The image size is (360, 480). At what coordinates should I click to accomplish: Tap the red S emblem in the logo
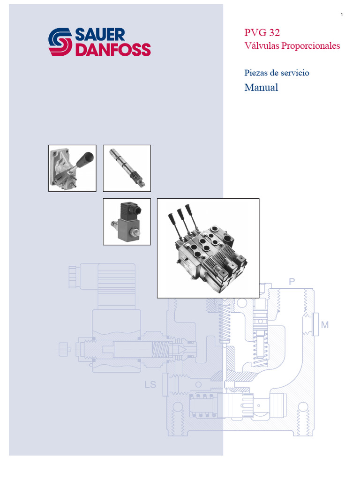[x=60, y=42]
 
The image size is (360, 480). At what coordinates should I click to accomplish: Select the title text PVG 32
[x=262, y=32]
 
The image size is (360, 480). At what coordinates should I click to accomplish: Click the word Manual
[x=261, y=87]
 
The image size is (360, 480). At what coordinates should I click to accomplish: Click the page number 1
[x=342, y=15]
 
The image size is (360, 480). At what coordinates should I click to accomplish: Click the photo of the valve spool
[x=127, y=168]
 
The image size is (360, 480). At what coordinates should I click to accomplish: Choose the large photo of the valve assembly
[x=208, y=248]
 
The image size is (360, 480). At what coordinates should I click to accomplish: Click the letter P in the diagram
[x=292, y=282]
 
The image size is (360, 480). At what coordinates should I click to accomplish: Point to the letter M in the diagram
[x=325, y=324]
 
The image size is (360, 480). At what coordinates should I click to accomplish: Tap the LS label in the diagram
[x=150, y=385]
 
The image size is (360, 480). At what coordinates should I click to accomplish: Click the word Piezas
[x=256, y=73]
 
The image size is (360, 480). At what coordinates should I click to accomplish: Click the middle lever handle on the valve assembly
[x=180, y=215]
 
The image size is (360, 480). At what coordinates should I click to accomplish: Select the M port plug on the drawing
[x=313, y=324]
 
